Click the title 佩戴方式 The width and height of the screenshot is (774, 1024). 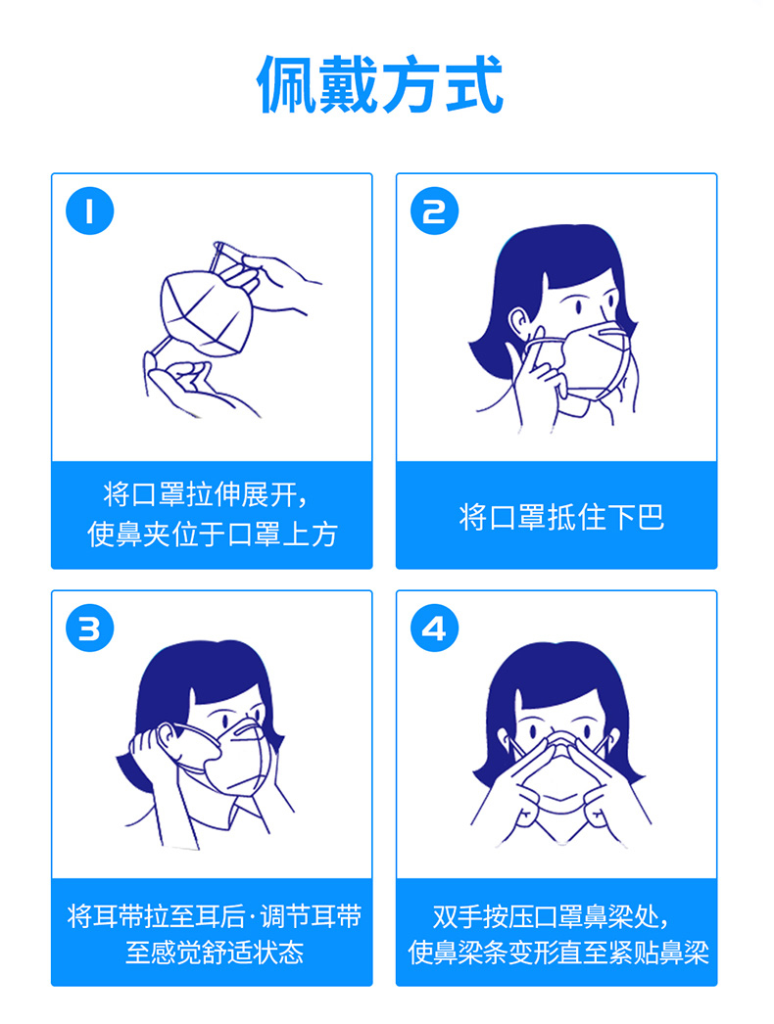tap(380, 84)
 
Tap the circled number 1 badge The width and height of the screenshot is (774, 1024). tap(89, 210)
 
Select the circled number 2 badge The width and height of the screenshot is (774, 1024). tap(434, 210)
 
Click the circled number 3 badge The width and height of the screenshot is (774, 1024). tap(89, 628)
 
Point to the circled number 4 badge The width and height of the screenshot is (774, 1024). tap(434, 628)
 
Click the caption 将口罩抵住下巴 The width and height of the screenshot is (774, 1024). tap(561, 517)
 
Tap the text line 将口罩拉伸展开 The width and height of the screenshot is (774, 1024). tap(206, 494)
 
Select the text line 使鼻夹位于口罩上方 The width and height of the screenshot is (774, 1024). tap(213, 534)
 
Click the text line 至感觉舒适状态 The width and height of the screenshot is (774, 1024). tap(215, 953)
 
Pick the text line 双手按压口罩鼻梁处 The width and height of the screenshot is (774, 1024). tap(551, 917)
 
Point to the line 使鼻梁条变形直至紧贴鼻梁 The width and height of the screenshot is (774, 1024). tap(558, 953)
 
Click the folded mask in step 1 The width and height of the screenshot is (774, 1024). tap(206, 313)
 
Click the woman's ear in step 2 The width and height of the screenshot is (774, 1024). tap(519, 323)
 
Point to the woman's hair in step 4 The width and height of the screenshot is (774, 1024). tap(559, 685)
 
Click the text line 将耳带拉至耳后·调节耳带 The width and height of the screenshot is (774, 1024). tap(215, 917)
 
